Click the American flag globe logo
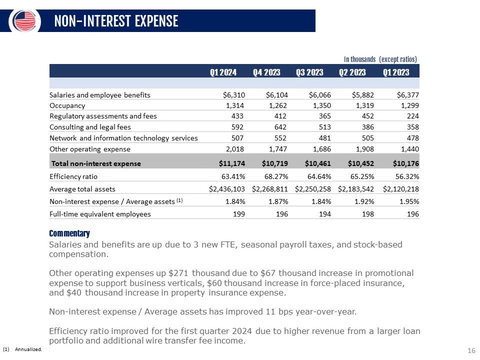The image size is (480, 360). pos(24,21)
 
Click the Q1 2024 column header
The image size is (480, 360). pos(223,72)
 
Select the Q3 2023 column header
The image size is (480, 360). pos(309,72)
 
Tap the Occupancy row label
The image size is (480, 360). pos(67,105)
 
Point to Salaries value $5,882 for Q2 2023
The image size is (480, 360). pos(363,95)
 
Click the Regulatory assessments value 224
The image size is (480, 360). pos(413,116)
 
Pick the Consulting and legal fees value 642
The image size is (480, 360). pos(280,127)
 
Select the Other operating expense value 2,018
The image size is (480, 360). pos(235,149)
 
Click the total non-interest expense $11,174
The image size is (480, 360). pos(231,163)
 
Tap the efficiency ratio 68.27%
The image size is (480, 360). pos(276,176)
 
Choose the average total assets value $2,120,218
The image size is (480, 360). pos(400,189)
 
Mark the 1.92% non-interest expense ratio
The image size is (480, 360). pos(364,201)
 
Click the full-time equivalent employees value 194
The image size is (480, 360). pos(325,214)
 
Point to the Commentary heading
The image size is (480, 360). pos(69,233)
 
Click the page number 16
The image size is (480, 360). pos(471,350)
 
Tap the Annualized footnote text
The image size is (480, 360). pos(28,349)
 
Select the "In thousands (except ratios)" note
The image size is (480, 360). pos(380,59)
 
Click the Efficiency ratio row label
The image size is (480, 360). pos(73,176)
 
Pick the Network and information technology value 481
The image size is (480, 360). pos(325,138)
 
